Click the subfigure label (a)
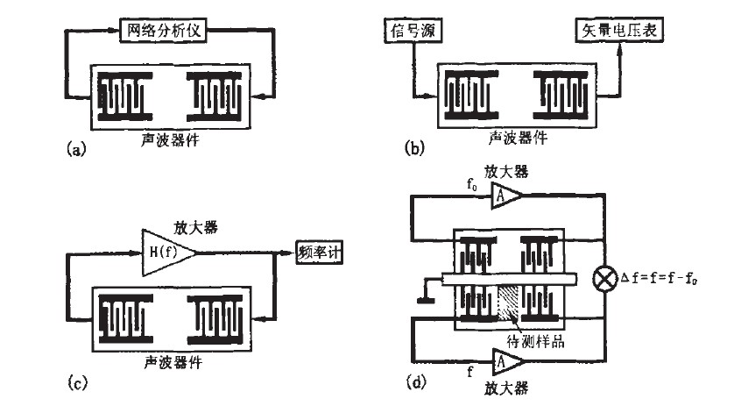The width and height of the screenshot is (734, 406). (x=76, y=150)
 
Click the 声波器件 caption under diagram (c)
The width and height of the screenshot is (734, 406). (x=168, y=360)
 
